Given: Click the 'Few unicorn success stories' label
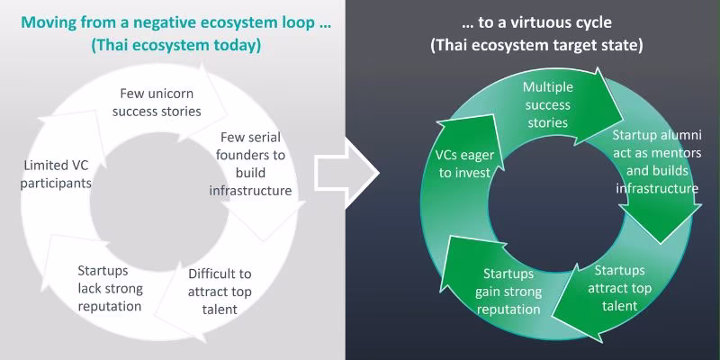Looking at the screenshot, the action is click(x=157, y=103).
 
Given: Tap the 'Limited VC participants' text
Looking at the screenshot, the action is click(x=56, y=174).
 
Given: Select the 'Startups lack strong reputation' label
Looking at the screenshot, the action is click(x=110, y=288).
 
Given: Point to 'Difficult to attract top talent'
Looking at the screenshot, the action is click(x=220, y=292).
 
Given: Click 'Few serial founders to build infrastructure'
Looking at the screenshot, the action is click(x=250, y=164).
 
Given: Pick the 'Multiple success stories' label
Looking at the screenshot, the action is click(x=548, y=104).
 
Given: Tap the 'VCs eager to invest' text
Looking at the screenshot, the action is click(x=464, y=164).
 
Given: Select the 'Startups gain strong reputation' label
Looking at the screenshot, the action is click(x=508, y=292).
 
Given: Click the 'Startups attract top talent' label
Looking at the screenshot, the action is click(x=619, y=288).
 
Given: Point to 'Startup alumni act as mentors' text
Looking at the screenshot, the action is click(x=657, y=144).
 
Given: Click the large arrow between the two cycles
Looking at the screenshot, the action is click(x=346, y=174).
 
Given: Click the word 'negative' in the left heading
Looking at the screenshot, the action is click(x=148, y=22).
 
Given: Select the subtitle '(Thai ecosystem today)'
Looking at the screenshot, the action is click(x=175, y=46).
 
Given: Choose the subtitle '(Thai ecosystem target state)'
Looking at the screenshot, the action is click(x=536, y=46).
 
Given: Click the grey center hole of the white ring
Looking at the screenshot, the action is click(x=159, y=202).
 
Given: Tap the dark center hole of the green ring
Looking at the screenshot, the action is click(x=557, y=202).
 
